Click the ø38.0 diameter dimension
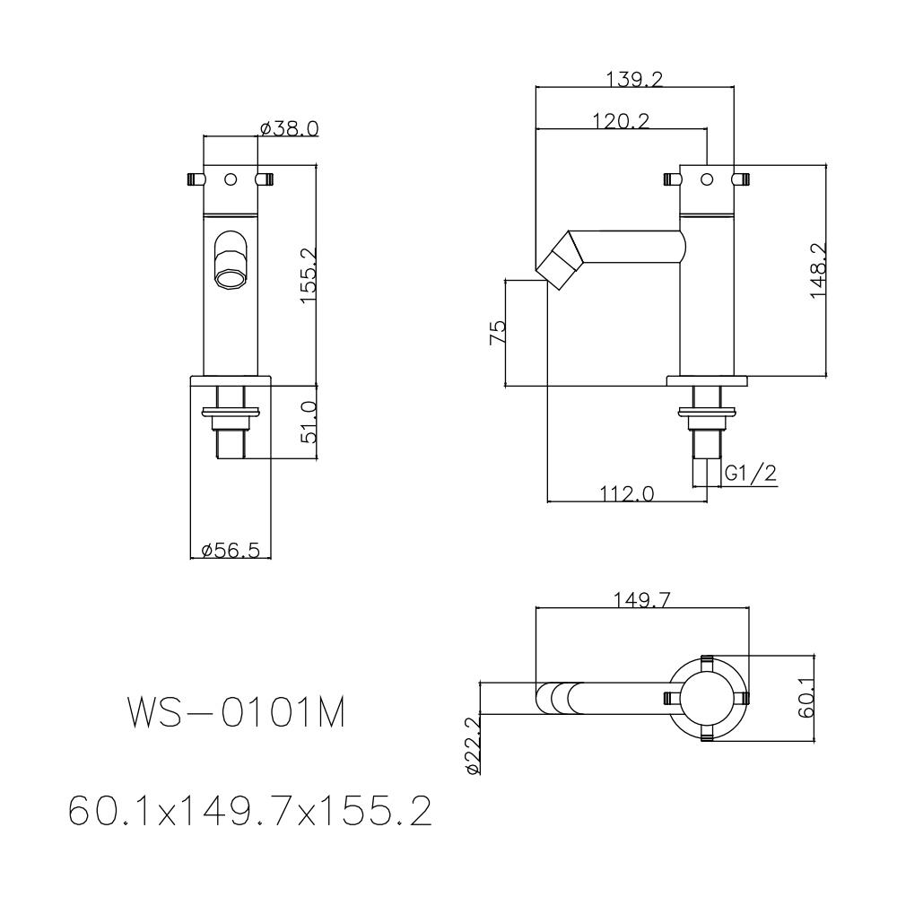[289, 128]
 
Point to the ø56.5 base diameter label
[231, 550]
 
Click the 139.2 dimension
[634, 80]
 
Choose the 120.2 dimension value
[621, 120]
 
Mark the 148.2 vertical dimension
[818, 270]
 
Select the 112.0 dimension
[626, 492]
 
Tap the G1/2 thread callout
[750, 474]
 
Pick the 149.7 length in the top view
[642, 599]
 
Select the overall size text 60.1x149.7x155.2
[250, 812]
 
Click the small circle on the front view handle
[231, 179]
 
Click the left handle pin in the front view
[194, 179]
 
